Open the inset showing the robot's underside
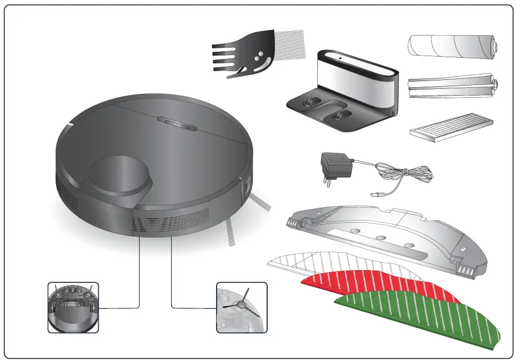click(73, 307)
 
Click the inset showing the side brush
click(241, 307)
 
